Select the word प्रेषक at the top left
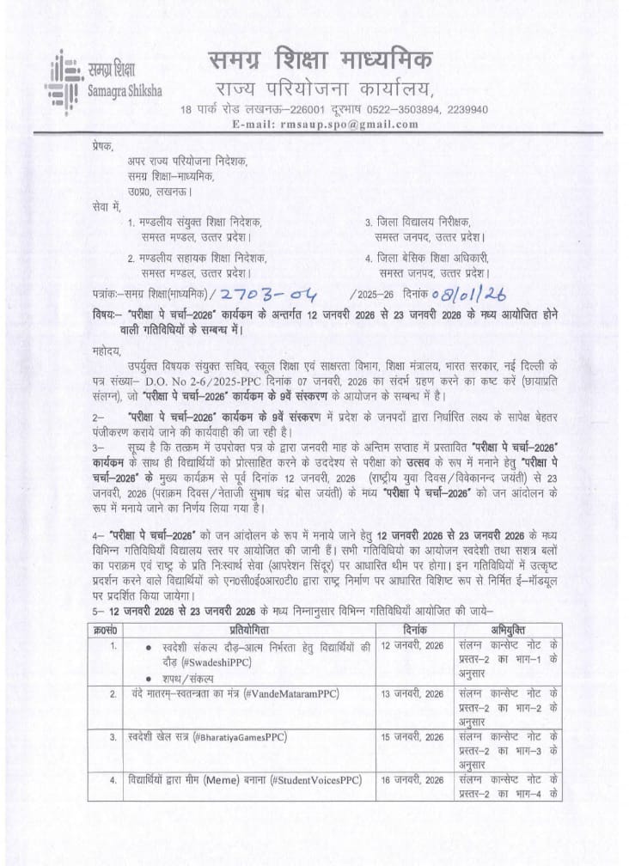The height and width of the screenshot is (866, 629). pos(101,147)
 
